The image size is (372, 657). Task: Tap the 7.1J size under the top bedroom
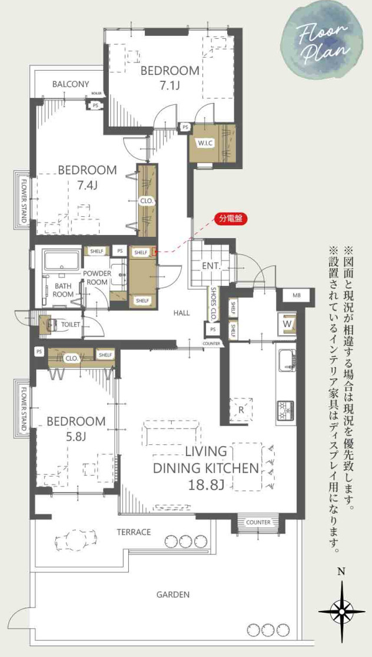pyautogui.click(x=170, y=85)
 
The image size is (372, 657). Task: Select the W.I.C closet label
pyautogui.click(x=205, y=143)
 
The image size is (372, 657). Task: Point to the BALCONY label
pyautogui.click(x=71, y=84)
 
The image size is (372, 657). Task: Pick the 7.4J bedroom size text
pyautogui.click(x=87, y=186)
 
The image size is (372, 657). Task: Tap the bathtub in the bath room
pyautogui.click(x=62, y=260)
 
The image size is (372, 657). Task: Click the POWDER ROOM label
pyautogui.click(x=96, y=278)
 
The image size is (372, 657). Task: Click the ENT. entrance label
pyautogui.click(x=211, y=266)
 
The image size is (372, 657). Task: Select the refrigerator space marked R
pyautogui.click(x=241, y=408)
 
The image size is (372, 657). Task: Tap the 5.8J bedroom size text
pyautogui.click(x=75, y=437)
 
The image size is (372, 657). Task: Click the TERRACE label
pyautogui.click(x=134, y=532)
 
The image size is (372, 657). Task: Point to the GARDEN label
pyautogui.click(x=173, y=595)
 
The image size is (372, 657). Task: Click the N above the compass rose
pyautogui.click(x=340, y=570)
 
